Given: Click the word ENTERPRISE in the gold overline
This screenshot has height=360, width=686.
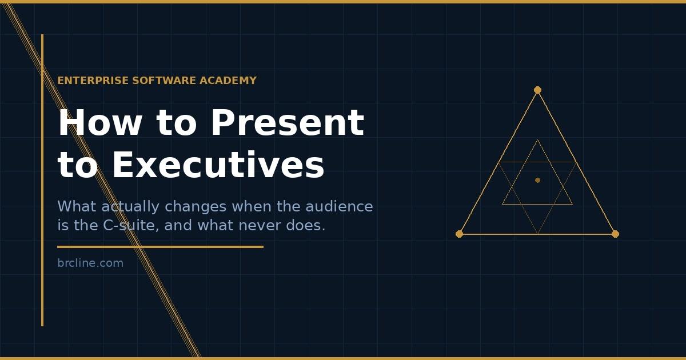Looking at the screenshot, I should (x=93, y=81).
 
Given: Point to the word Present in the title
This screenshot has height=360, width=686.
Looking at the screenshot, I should (x=287, y=123).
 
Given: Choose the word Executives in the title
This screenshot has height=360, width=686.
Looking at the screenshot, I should (x=218, y=165).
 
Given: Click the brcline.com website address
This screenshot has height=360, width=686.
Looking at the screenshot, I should (x=90, y=263).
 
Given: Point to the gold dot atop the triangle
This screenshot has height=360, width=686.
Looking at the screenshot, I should (x=537, y=90).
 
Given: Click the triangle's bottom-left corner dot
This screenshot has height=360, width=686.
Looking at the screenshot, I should (x=459, y=234).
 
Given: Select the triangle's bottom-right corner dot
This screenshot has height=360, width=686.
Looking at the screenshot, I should (x=615, y=234).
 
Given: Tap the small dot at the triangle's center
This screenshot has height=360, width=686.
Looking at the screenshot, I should (x=537, y=180).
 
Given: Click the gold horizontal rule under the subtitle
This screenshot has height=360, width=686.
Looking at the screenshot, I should (x=160, y=247).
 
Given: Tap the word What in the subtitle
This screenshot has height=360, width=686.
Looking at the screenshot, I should (x=77, y=206).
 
